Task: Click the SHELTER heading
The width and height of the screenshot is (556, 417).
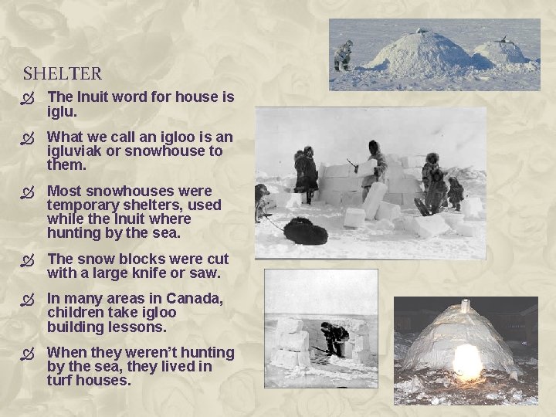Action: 62,74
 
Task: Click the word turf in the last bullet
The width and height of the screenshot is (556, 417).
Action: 60,381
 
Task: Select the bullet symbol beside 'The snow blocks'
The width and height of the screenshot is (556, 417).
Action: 29,259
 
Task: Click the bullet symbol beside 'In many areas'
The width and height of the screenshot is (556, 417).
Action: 29,300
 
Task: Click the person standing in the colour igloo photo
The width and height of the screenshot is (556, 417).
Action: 342,56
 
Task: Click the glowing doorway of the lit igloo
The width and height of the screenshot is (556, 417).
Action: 467,361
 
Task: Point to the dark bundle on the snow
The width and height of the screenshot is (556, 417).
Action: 306,231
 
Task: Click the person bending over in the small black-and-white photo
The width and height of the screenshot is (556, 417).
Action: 334,337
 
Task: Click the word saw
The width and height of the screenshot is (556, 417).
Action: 208,273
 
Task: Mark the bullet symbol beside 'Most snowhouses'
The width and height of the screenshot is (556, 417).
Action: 29,192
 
